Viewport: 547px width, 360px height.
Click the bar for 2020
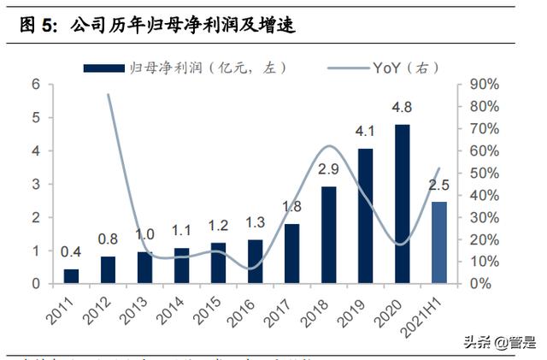[x=402, y=204]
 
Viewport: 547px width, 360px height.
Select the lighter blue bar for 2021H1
[x=438, y=243]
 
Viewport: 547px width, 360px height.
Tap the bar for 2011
[x=71, y=275]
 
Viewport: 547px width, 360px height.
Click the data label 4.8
[x=402, y=109]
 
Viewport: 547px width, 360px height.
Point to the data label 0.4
[x=71, y=252]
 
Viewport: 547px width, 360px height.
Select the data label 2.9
[x=328, y=169]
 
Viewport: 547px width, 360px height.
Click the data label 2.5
[x=439, y=185]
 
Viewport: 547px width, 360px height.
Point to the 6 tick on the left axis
[x=36, y=84]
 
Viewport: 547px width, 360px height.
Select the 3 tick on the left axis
[x=36, y=184]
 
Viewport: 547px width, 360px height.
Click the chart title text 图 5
[x=36, y=26]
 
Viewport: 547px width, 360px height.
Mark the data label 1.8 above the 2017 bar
[x=291, y=206]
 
